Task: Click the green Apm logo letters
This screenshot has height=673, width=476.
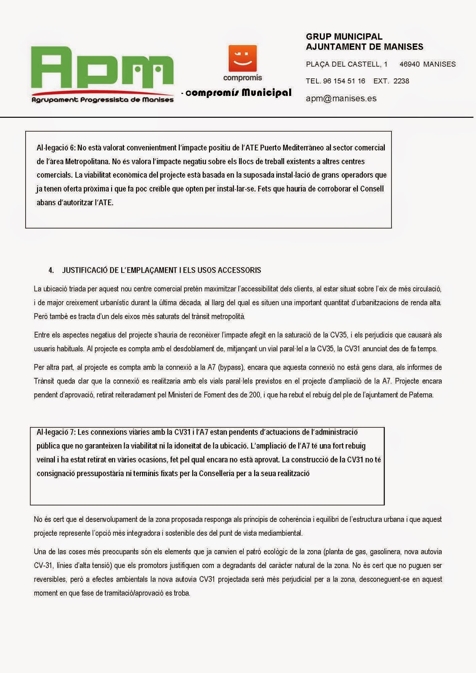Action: click(102, 67)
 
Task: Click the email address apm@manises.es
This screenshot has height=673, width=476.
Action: click(341, 98)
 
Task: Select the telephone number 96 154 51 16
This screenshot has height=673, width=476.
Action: click(344, 81)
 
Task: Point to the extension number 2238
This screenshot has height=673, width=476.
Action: click(401, 81)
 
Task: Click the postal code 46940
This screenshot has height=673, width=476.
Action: click(409, 64)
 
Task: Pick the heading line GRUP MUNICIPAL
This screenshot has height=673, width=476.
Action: click(344, 37)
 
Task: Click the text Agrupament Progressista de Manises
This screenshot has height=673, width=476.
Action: click(103, 100)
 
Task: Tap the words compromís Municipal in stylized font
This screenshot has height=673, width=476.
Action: click(238, 93)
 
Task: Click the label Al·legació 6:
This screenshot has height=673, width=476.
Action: click(56, 148)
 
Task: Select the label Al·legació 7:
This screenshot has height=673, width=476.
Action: click(56, 432)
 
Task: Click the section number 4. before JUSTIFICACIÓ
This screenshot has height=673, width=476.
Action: click(51, 270)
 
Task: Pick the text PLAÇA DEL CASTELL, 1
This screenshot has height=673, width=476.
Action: click(346, 64)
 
